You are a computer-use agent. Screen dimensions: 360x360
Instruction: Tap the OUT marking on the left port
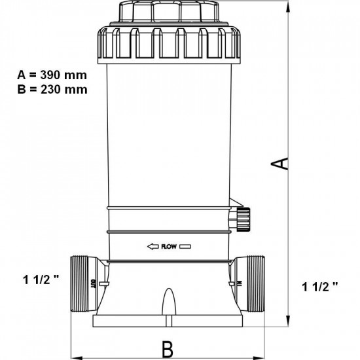click(x=93, y=284)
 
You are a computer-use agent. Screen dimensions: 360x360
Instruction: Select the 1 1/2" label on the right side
click(x=321, y=286)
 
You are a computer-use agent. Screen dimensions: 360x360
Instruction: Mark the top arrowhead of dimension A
click(x=289, y=5)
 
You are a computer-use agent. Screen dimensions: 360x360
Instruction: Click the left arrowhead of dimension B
click(x=74, y=357)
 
